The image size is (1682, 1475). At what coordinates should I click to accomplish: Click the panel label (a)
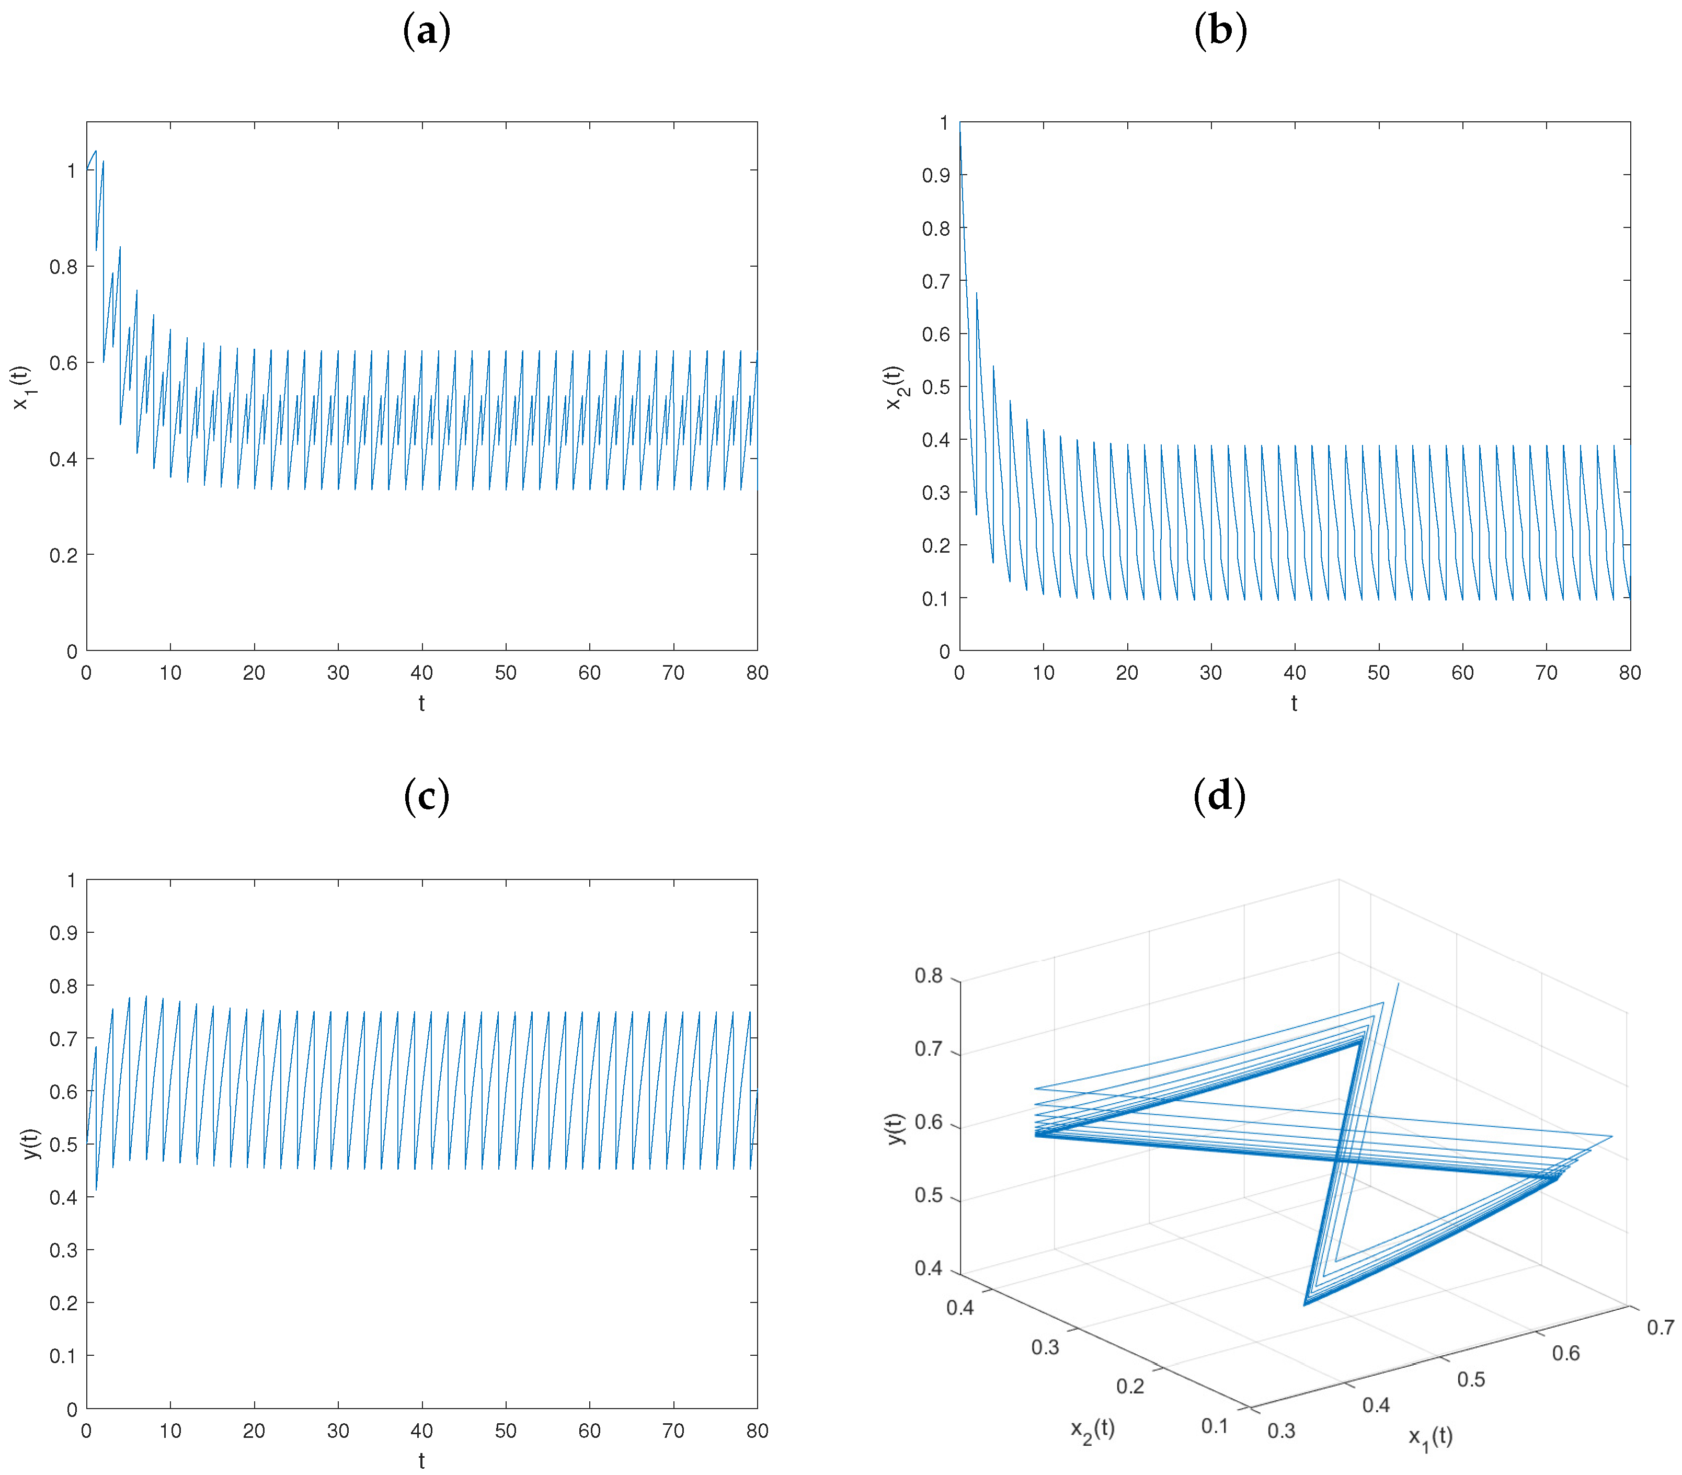(426, 31)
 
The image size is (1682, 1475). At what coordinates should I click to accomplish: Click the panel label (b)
(1219, 31)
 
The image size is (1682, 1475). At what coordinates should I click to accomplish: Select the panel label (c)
(426, 797)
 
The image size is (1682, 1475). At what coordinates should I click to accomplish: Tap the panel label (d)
(1219, 797)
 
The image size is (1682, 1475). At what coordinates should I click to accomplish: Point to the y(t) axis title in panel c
(31, 1144)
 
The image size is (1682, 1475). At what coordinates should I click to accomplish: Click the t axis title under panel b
(1294, 704)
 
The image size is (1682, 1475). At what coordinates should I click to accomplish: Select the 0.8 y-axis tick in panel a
(63, 267)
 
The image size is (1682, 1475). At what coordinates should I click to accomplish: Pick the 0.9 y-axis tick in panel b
(935, 175)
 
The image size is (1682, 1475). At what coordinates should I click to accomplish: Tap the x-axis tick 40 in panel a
(421, 673)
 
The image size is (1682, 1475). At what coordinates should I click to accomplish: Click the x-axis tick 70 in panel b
(1546, 673)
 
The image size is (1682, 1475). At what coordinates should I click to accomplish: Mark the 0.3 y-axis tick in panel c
(63, 1250)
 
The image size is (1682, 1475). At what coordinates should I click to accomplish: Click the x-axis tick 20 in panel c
(254, 1432)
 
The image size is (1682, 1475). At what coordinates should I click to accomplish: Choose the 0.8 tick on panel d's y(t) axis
(928, 976)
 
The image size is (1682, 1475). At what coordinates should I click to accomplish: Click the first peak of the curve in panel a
(96, 151)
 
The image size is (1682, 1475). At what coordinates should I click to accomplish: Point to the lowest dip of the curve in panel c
(96, 1190)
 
